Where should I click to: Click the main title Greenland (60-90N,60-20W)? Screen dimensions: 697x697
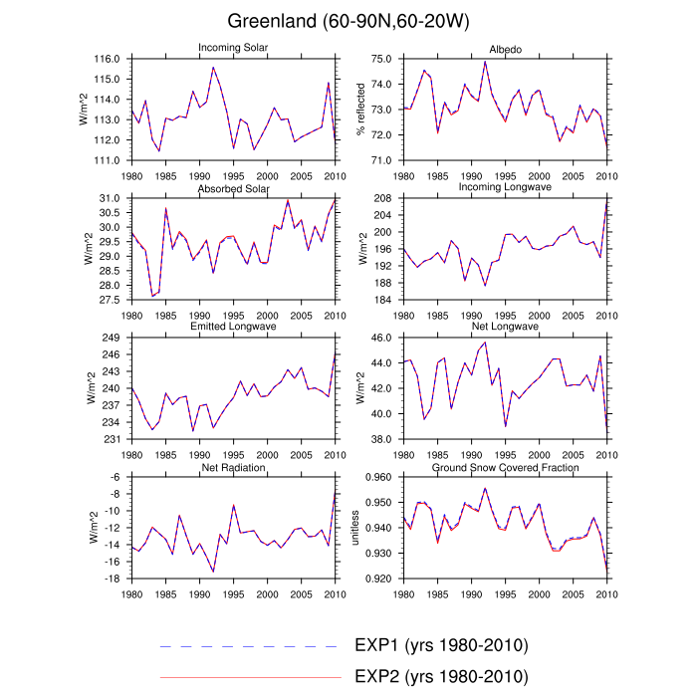click(x=348, y=21)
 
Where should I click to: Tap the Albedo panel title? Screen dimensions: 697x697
click(x=506, y=49)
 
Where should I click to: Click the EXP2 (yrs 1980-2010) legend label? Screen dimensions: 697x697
click(x=440, y=677)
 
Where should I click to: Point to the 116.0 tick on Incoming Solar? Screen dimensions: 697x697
click(x=108, y=60)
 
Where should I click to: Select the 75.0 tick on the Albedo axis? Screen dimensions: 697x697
click(x=379, y=60)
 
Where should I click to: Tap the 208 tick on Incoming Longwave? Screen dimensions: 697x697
click(x=384, y=199)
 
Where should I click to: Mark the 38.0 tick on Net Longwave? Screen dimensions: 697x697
click(x=379, y=439)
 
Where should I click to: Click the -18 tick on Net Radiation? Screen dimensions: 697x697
click(x=113, y=579)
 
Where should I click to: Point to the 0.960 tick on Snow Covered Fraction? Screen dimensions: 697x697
click(x=376, y=478)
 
